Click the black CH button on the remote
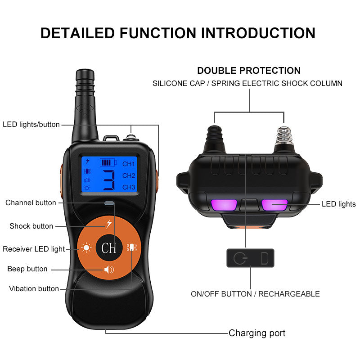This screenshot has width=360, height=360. click(109, 248)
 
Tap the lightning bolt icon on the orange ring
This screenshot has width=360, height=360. click(109, 224)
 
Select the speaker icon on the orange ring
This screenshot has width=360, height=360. click(109, 269)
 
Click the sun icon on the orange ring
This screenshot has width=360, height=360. click(86, 248)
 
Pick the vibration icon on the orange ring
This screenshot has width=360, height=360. click(132, 247)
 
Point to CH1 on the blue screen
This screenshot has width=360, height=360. click(129, 164)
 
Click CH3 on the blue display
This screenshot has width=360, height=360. click(129, 187)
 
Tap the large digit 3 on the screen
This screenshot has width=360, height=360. click(109, 180)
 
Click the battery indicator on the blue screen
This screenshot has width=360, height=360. click(108, 163)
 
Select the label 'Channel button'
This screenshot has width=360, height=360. click(31, 203)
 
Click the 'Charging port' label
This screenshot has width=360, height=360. click(257, 333)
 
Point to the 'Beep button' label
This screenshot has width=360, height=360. click(27, 269)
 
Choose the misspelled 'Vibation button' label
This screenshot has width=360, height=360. click(34, 288)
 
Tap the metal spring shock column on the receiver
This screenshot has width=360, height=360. click(284, 139)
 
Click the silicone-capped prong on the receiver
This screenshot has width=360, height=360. click(215, 139)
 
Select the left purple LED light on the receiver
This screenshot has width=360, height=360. click(224, 205)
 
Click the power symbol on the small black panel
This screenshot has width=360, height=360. click(240, 258)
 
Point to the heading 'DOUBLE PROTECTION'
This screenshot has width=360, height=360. click(249, 71)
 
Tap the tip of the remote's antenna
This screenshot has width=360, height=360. click(85, 70)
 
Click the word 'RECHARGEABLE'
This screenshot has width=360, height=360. click(289, 294)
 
